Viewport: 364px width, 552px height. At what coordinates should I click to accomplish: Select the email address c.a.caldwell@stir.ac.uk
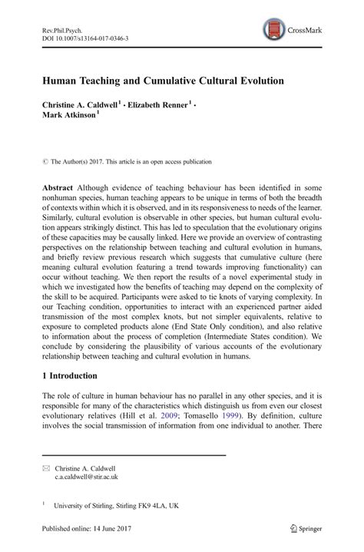point(87,477)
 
